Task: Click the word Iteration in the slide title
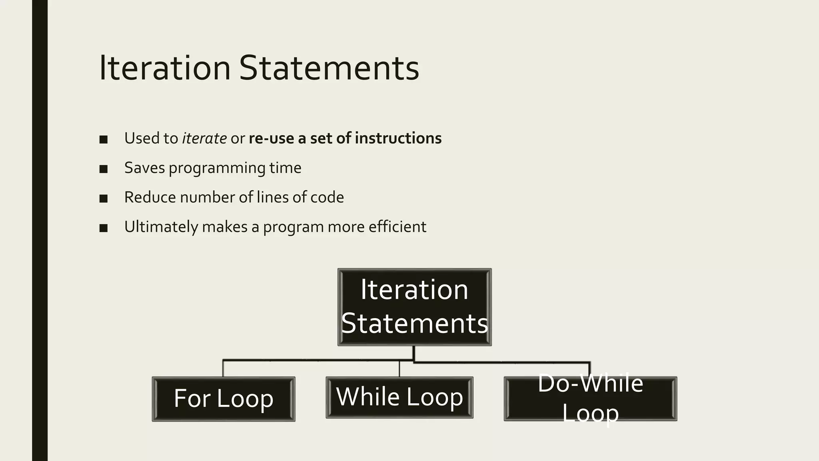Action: (164, 68)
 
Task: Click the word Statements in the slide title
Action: (329, 68)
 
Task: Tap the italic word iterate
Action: (204, 138)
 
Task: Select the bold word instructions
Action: (398, 138)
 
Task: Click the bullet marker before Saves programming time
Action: (104, 169)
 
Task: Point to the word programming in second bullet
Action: (217, 168)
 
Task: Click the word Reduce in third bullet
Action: (150, 197)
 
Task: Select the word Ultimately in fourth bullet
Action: (161, 227)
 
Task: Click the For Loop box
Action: (224, 399)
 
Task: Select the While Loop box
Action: (400, 397)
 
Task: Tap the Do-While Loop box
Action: (590, 399)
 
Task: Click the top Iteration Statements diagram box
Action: (414, 307)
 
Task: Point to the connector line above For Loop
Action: (223, 368)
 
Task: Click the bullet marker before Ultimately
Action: (104, 228)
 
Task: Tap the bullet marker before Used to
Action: (104, 140)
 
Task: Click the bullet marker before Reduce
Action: (104, 198)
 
